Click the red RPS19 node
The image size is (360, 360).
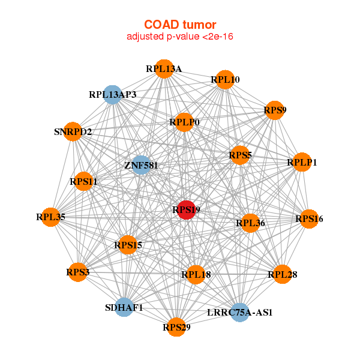point(186,210)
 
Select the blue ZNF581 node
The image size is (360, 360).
point(141,165)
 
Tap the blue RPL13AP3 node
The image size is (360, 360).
point(113,95)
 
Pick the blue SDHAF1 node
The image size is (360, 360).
point(124,307)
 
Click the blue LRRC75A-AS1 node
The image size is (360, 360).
point(239,312)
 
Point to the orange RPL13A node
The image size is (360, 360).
point(164,69)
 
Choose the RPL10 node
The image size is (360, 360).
point(225,80)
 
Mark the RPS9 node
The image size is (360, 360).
point(275,110)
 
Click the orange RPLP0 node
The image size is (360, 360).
point(184,122)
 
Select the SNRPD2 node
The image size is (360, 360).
point(73,131)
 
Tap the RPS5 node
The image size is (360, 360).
point(240,155)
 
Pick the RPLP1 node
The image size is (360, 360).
point(302,162)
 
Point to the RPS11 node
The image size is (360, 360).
point(83,181)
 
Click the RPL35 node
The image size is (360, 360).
point(50,217)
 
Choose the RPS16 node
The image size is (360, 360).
point(309,219)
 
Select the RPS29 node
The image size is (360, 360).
point(176,327)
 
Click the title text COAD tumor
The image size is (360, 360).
point(180,25)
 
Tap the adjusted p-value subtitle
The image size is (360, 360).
point(180,37)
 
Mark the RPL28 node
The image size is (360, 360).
point(283,274)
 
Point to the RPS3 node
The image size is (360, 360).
point(78,272)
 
